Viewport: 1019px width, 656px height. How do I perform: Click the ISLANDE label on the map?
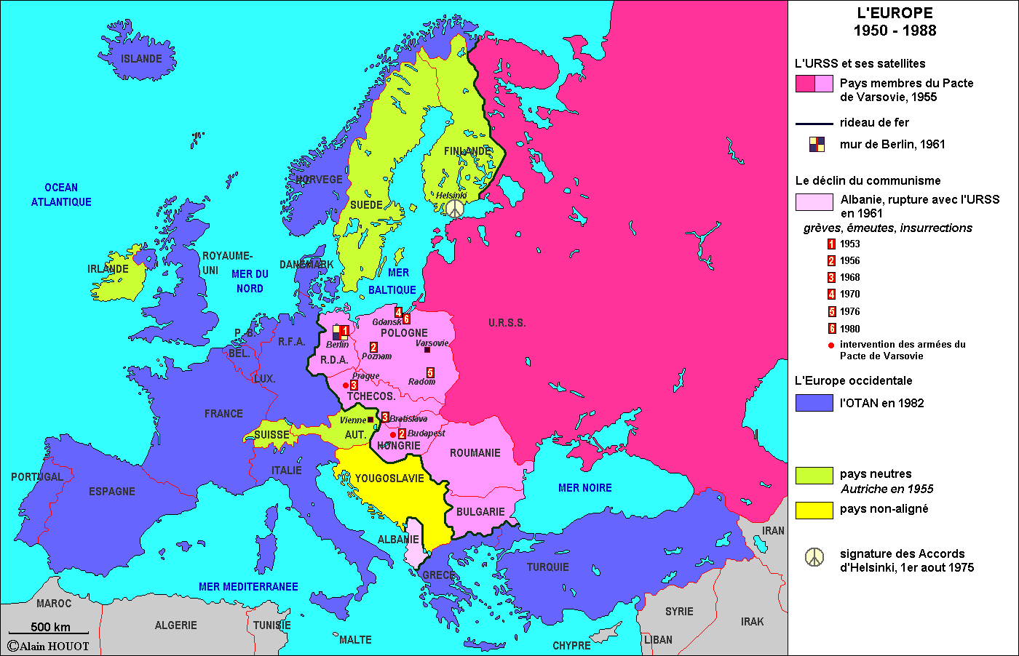[141, 59]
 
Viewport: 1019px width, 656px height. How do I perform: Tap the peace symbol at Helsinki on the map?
[454, 209]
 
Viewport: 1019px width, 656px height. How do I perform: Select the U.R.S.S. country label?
[507, 323]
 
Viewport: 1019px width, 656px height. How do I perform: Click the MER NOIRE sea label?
[584, 488]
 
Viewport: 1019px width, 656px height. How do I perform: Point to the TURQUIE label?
[547, 567]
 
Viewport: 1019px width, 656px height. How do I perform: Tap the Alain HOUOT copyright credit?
[49, 646]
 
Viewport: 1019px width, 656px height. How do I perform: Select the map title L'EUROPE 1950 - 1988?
[895, 22]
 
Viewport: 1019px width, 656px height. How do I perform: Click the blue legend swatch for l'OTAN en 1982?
[814, 403]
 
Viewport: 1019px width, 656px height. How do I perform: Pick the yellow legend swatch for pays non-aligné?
[814, 510]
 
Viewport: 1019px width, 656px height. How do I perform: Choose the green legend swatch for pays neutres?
[814, 475]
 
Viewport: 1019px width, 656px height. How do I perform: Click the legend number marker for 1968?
[831, 278]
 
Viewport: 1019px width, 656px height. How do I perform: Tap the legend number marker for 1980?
[831, 329]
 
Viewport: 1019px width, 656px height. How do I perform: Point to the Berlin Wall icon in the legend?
[817, 144]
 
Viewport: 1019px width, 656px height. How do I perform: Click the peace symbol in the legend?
[814, 557]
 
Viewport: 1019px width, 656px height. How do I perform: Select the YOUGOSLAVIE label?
[389, 479]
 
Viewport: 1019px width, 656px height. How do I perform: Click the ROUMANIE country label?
[475, 453]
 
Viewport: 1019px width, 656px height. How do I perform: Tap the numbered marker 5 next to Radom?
[430, 373]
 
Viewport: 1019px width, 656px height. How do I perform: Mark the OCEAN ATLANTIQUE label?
[61, 195]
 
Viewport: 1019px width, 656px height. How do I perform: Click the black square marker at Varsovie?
[427, 350]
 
